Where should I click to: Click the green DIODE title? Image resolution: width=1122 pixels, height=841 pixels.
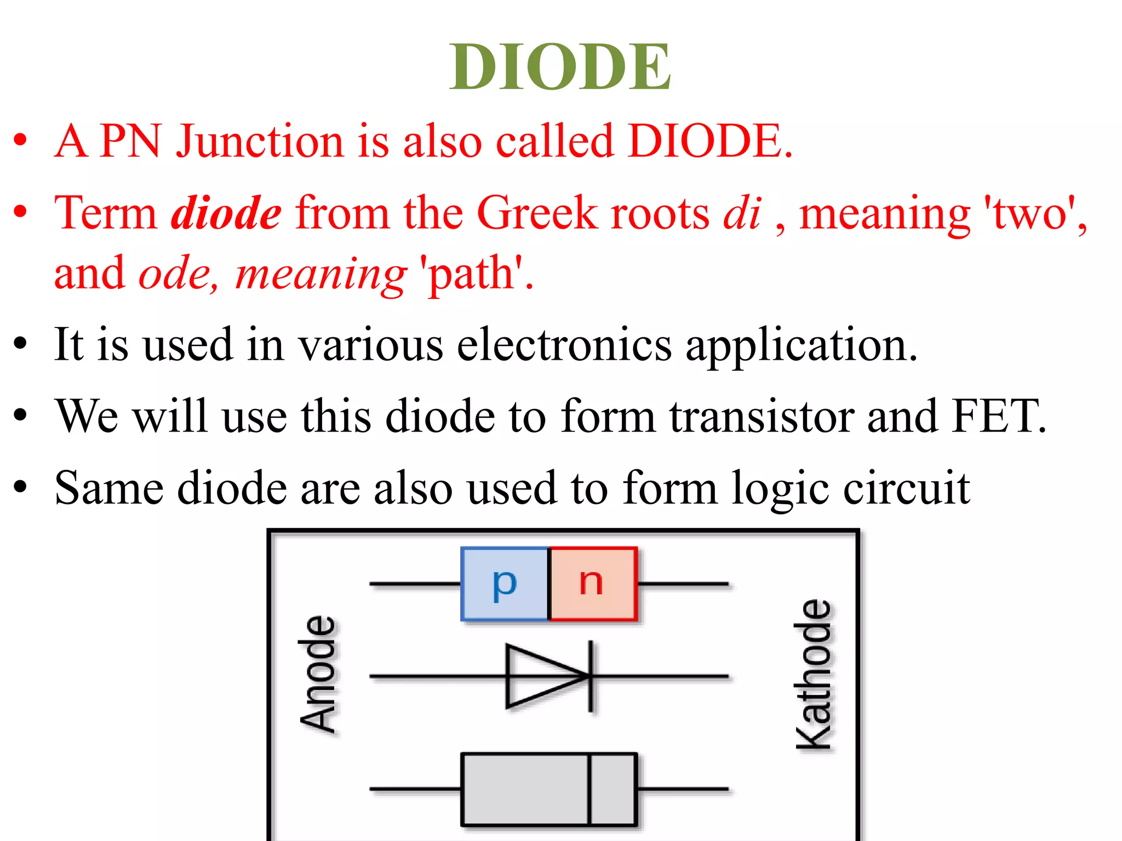coord(560,67)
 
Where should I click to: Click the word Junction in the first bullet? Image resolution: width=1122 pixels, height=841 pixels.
coord(260,141)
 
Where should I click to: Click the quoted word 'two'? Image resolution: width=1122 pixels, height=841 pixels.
coord(1030,214)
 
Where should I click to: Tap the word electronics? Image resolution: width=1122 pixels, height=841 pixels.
coord(564,345)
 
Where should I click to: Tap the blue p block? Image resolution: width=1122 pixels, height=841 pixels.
coord(505,584)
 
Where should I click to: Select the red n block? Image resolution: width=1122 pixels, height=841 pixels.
coord(593,584)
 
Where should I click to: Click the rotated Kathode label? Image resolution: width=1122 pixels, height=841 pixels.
coord(813,675)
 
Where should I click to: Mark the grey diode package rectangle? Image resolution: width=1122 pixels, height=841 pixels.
coord(526,789)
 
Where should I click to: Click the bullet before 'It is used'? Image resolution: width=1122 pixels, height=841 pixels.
coord(21,345)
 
